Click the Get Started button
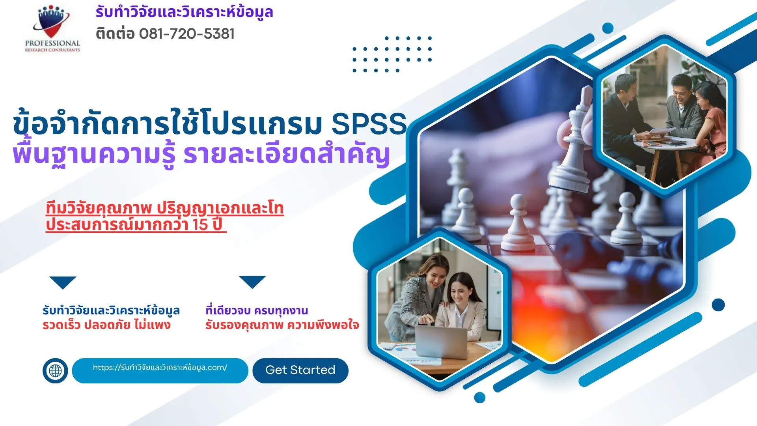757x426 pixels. [300, 370]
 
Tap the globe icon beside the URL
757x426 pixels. [55, 370]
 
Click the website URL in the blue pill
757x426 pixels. [160, 368]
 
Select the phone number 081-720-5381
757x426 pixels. [187, 34]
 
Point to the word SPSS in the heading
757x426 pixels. [369, 124]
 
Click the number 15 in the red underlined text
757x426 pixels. [200, 224]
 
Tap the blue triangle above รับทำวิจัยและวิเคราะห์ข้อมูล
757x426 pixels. [63, 282]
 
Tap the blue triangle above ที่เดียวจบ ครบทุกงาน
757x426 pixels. [252, 281]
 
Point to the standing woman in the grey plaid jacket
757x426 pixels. [418, 300]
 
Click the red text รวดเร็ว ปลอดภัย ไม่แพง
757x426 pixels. [106, 325]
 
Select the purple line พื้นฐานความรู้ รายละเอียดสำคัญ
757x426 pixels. [201, 155]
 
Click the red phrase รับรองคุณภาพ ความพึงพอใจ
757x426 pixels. [282, 325]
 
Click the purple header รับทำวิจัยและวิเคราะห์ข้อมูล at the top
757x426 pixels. [184, 12]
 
